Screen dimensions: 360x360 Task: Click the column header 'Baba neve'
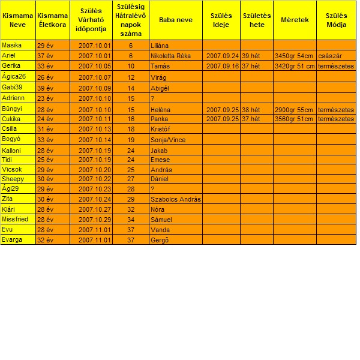(x=176, y=20)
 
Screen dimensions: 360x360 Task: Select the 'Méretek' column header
(x=295, y=20)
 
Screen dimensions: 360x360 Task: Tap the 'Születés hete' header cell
(x=257, y=20)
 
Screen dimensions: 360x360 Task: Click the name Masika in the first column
(x=10, y=45)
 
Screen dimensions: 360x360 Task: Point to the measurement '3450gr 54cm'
(x=294, y=56)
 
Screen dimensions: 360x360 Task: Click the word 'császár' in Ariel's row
(x=331, y=56)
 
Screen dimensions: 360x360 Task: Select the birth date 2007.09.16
(x=222, y=66)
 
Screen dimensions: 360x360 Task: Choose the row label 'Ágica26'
(x=14, y=77)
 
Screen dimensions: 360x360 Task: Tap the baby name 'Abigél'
(x=160, y=88)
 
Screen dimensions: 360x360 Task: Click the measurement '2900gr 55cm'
(x=294, y=110)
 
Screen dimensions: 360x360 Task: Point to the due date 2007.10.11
(x=95, y=119)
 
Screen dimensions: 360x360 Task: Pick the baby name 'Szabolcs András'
(x=175, y=199)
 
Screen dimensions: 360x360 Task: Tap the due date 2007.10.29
(x=95, y=220)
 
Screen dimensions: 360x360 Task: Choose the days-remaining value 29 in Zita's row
(x=131, y=199)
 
